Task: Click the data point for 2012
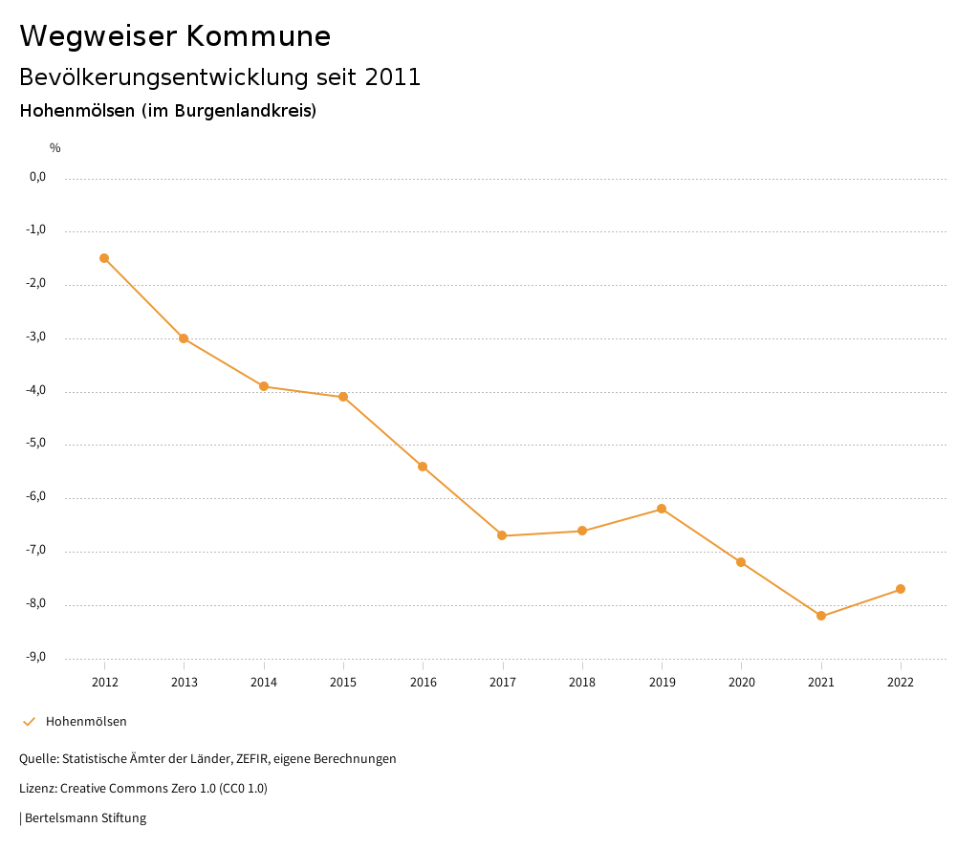(104, 258)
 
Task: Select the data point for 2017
(502, 535)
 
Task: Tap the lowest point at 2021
(821, 616)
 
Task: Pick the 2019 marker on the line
(662, 509)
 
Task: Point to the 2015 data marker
(343, 397)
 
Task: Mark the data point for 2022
(901, 589)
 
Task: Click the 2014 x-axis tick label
(264, 683)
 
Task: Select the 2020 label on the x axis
(741, 683)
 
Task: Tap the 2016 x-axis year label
(423, 683)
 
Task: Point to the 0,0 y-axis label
(37, 177)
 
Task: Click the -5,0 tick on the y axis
(36, 444)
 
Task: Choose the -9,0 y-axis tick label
(36, 657)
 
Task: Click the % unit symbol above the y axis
(55, 148)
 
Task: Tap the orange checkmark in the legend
(29, 722)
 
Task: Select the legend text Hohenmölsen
(86, 722)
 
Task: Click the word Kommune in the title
(258, 36)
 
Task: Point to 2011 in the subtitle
(393, 77)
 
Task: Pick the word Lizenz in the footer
(37, 789)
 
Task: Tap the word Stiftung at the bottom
(123, 818)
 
